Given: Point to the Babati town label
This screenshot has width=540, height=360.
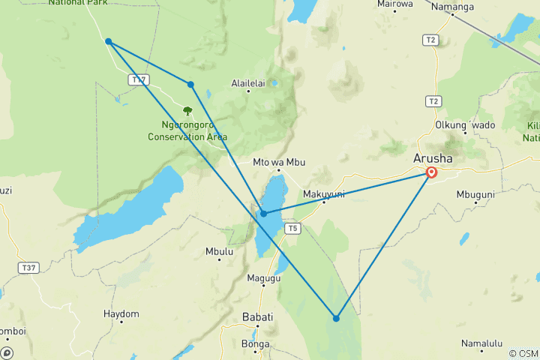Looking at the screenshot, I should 257,316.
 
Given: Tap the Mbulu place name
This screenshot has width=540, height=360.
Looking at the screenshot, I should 218,252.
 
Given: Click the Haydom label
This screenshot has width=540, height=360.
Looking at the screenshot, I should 121,313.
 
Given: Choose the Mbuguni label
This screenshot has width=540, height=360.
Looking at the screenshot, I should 475,194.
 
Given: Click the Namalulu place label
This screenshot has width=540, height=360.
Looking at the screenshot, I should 481,343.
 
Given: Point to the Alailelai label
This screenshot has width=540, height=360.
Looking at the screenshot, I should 250,84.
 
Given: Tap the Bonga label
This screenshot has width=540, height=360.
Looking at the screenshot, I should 256,344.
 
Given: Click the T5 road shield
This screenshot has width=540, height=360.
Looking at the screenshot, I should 292,228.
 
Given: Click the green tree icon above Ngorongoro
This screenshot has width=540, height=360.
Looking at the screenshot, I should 187,111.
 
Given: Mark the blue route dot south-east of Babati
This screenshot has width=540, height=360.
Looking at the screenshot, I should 336,319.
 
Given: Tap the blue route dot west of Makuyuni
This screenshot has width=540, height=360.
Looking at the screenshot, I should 263,214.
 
